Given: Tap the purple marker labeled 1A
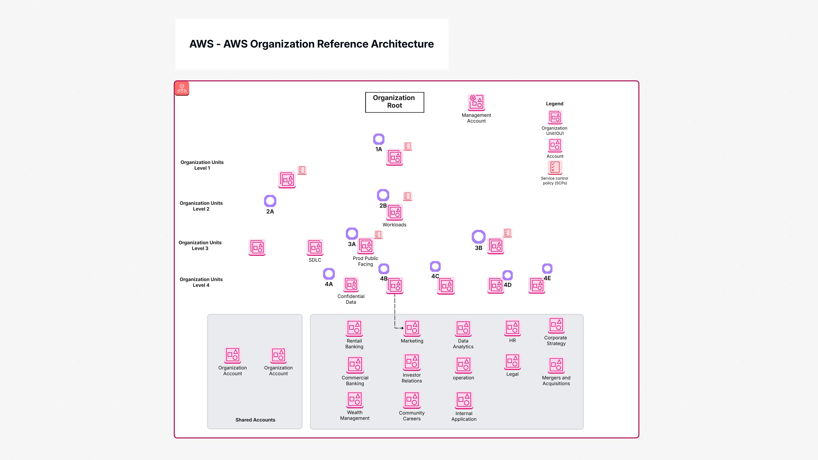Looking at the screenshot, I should pos(379,139).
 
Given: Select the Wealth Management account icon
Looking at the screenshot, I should pos(355,400).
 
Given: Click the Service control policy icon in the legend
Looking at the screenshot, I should pos(555,167).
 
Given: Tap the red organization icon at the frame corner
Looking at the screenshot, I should pos(182,88).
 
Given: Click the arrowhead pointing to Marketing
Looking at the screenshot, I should pos(402,328).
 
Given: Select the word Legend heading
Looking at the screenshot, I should pos(554,104).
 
